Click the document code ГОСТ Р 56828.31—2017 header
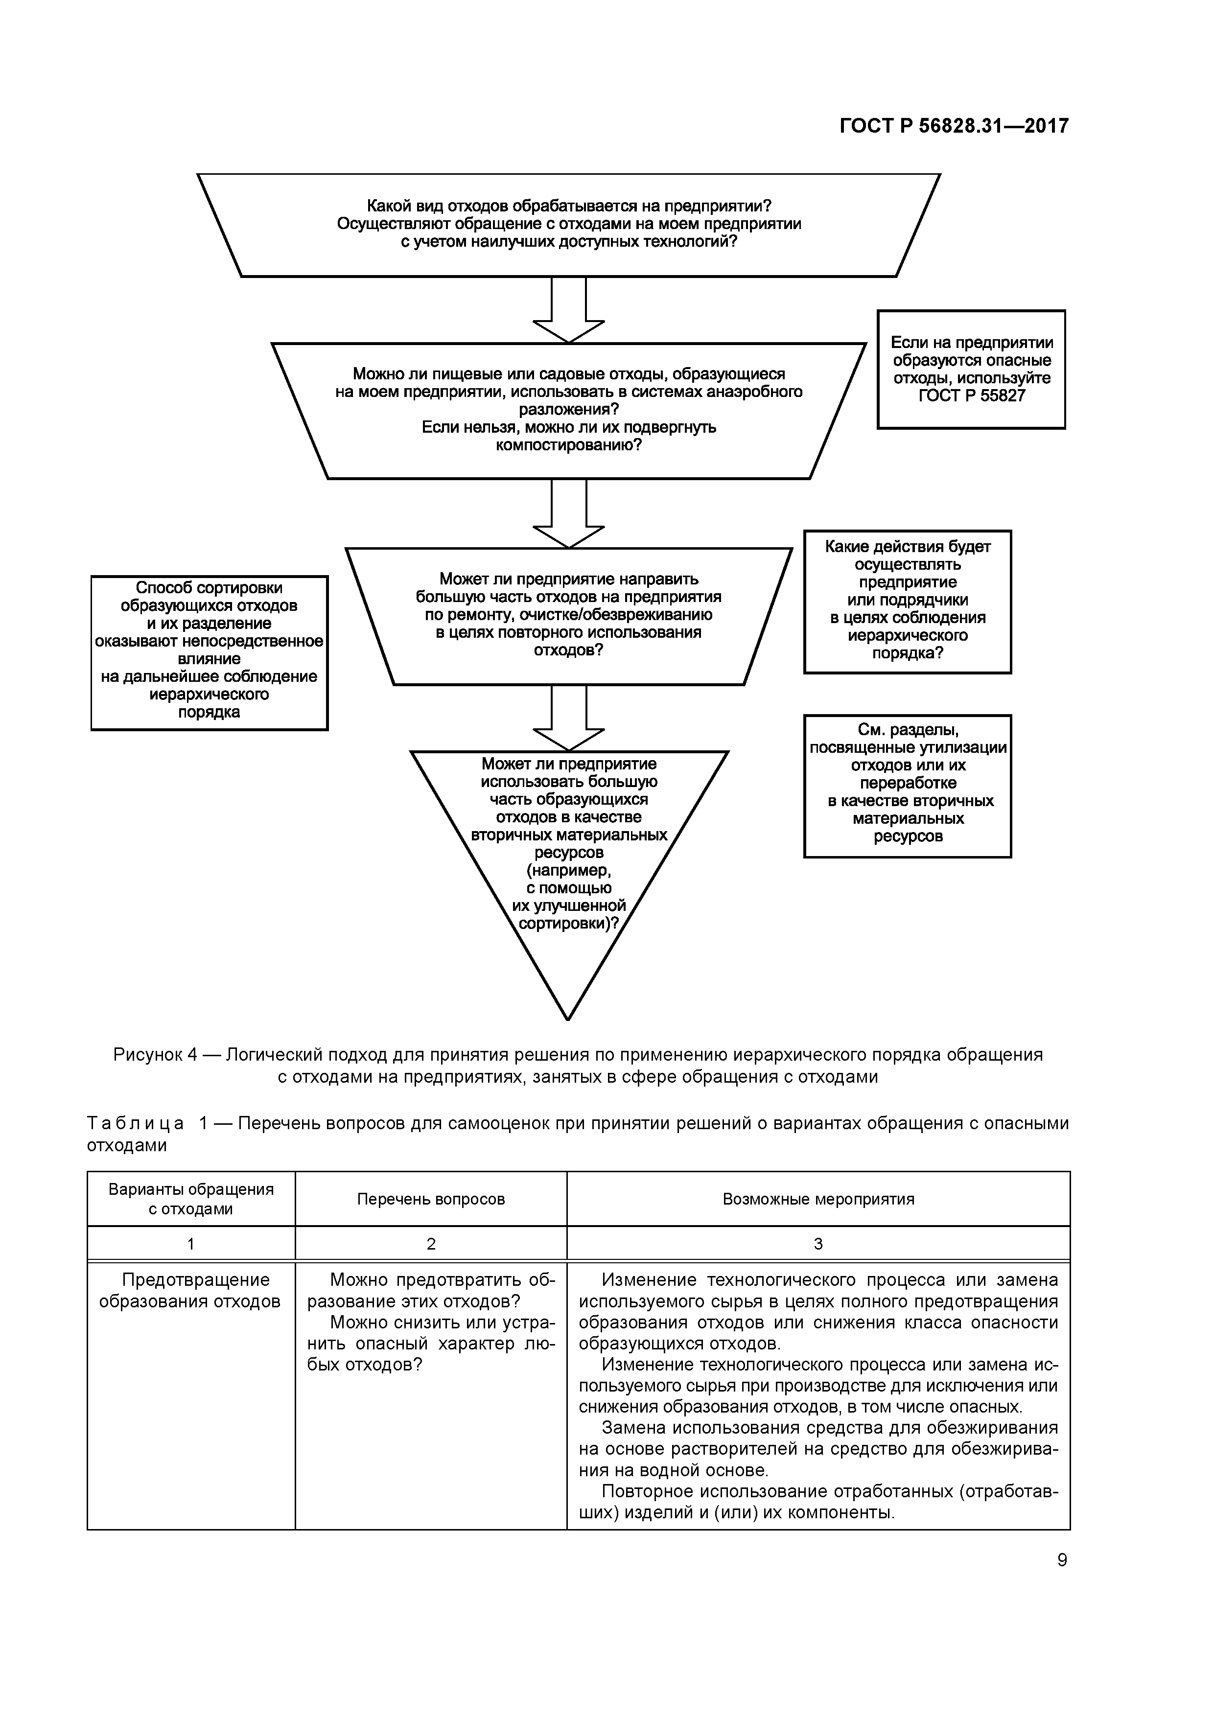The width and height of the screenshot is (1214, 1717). click(954, 126)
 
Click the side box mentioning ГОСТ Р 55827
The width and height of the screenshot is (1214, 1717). click(971, 370)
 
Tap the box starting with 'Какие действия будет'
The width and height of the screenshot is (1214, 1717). click(908, 602)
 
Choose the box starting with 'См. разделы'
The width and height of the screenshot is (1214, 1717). click(908, 786)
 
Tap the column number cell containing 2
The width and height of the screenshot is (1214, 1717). click(431, 1244)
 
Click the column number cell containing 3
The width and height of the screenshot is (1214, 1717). click(818, 1244)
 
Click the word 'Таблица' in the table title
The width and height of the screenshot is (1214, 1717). click(136, 1124)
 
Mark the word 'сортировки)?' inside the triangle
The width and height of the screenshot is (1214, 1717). click(568, 924)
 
